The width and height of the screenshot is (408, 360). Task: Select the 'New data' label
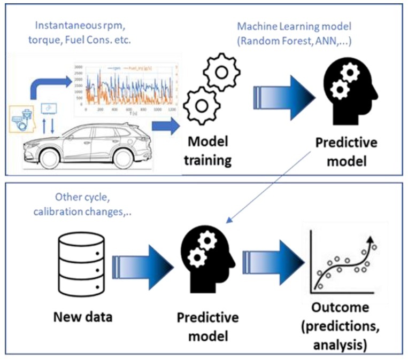tap(83, 317)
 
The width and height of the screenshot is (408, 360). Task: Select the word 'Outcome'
tap(341, 308)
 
